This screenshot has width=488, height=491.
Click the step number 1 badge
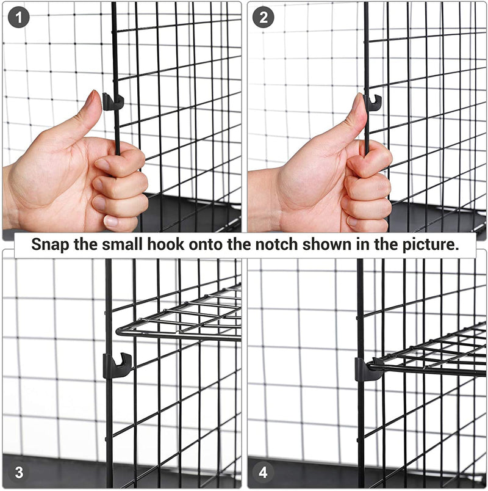[18, 17]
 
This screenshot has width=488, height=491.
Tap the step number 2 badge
[263, 17]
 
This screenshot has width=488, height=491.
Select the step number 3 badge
[19, 472]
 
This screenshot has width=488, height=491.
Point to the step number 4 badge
[263, 472]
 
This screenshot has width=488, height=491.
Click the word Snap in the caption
[50, 244]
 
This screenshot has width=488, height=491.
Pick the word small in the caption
[122, 244]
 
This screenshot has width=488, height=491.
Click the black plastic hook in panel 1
[112, 101]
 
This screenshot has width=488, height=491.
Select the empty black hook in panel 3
[117, 365]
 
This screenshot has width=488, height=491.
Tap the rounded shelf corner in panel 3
[120, 331]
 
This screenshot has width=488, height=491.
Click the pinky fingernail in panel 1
[111, 222]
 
